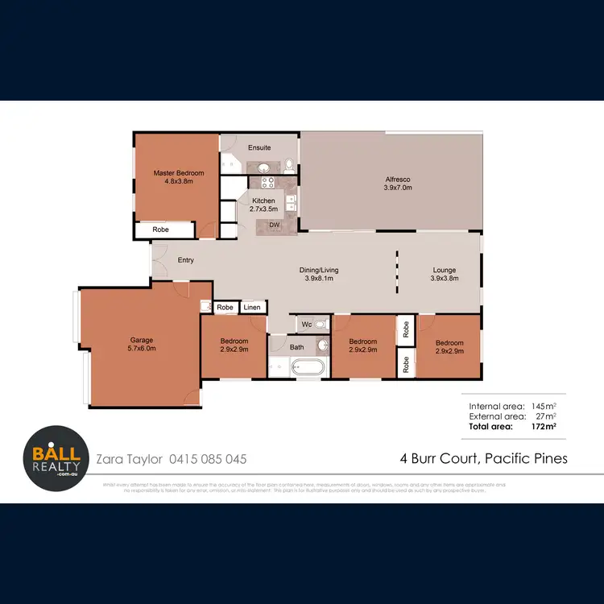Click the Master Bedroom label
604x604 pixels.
(x=179, y=173)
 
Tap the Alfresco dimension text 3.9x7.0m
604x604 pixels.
(x=397, y=188)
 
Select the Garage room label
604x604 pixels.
(x=142, y=340)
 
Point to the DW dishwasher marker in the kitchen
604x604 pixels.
(x=274, y=225)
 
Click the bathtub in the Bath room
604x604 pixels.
(x=306, y=368)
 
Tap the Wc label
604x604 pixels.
(x=307, y=325)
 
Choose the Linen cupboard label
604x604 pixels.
(x=252, y=308)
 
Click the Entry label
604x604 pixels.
(x=186, y=260)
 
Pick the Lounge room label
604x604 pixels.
(x=445, y=271)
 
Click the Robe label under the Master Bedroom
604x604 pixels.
(x=161, y=230)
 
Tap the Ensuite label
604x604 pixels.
(x=259, y=147)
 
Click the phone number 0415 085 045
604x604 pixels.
(x=208, y=459)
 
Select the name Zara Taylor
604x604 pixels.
(x=129, y=459)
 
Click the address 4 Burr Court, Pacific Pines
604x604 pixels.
(x=483, y=459)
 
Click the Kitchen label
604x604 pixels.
(x=263, y=201)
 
